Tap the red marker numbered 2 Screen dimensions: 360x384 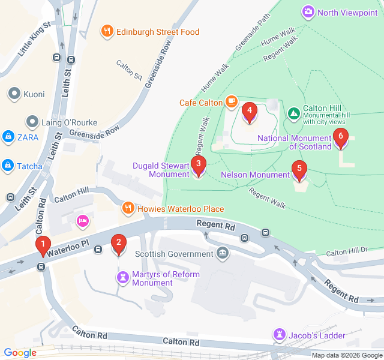[119, 243]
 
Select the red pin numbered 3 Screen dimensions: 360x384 [198, 163]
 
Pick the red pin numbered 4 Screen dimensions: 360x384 [249, 110]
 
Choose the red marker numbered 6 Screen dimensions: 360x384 [341, 137]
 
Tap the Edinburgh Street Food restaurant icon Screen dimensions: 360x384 [107, 32]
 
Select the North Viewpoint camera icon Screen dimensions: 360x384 [308, 12]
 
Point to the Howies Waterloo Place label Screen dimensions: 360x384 [180, 209]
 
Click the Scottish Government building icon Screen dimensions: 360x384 [223, 253]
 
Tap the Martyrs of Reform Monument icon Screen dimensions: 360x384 [123, 277]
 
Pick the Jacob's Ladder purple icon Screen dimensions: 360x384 [280, 334]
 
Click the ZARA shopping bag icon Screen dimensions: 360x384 [8, 137]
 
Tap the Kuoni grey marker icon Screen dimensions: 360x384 [14, 94]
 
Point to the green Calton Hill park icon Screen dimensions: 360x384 [293, 113]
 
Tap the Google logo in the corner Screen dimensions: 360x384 [20, 353]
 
